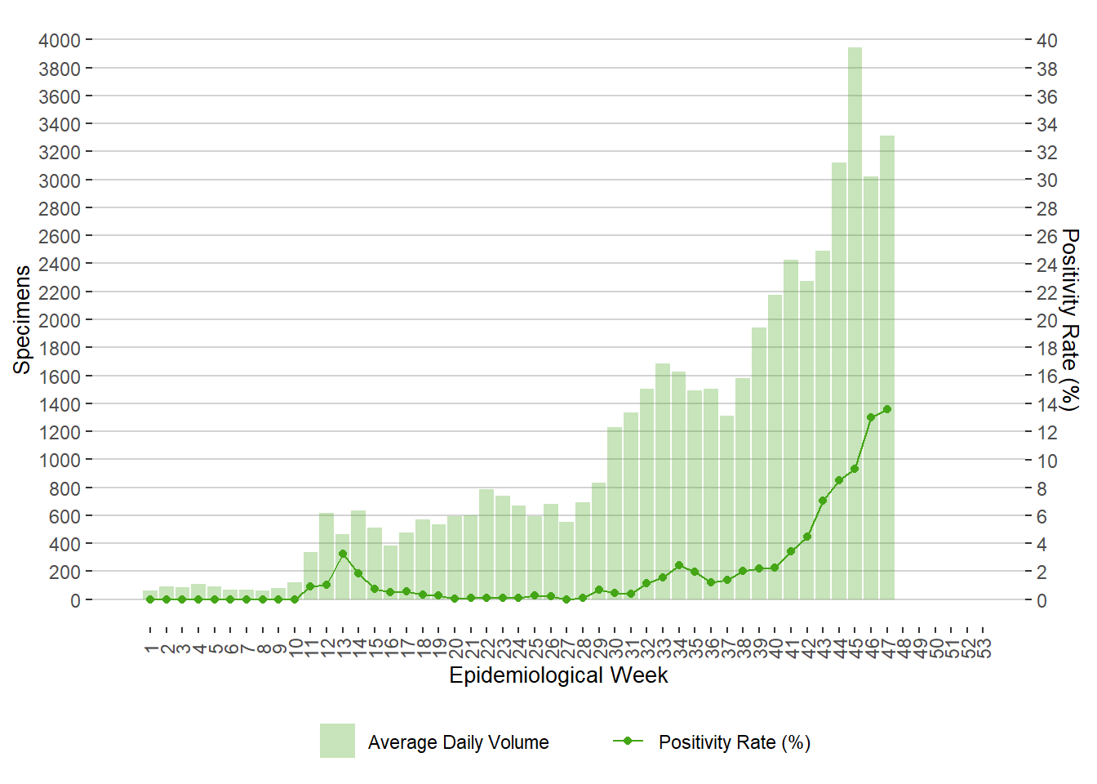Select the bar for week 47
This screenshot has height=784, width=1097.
pyautogui.click(x=887, y=367)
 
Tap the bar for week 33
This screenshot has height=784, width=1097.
pyautogui.click(x=663, y=482)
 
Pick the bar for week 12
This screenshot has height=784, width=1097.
pyautogui.click(x=326, y=556)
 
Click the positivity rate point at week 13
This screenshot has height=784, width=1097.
pyautogui.click(x=343, y=554)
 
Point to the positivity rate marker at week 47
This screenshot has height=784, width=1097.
pyautogui.click(x=887, y=409)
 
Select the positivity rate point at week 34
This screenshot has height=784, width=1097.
pyautogui.click(x=679, y=565)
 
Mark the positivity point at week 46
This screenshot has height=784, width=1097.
pyautogui.click(x=871, y=417)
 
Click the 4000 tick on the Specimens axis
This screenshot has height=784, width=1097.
pyautogui.click(x=59, y=40)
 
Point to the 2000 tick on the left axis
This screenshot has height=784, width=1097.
pyautogui.click(x=59, y=320)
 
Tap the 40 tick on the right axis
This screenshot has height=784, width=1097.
pyautogui.click(x=1047, y=40)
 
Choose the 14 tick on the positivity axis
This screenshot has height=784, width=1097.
pyautogui.click(x=1047, y=404)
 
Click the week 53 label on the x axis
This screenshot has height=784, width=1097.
pyautogui.click(x=984, y=648)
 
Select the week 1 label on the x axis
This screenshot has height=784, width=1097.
pyautogui.click(x=150, y=648)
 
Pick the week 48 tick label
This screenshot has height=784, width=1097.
pyautogui.click(x=904, y=648)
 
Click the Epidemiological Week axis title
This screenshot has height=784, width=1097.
pyautogui.click(x=558, y=675)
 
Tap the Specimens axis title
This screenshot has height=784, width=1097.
pyautogui.click(x=22, y=319)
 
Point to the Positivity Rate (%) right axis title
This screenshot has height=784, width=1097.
pyautogui.click(x=1070, y=319)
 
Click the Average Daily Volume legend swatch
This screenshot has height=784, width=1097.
pyautogui.click(x=337, y=741)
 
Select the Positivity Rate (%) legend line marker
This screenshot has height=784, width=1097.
pyautogui.click(x=628, y=741)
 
